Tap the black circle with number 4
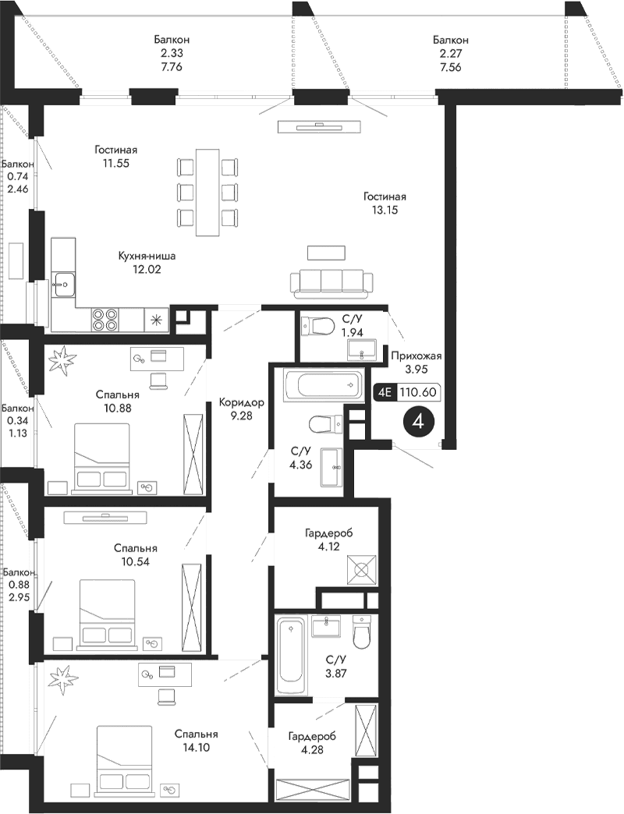click(x=420, y=423)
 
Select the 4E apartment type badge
click(x=385, y=392)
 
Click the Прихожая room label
click(x=417, y=355)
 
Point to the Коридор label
click(x=241, y=402)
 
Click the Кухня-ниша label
click(x=147, y=255)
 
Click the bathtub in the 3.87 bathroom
click(x=292, y=654)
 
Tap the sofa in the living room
click(x=329, y=283)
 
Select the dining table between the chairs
click(x=207, y=191)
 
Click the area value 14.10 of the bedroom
click(x=195, y=748)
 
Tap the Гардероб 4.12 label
click(x=328, y=540)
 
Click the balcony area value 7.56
click(x=452, y=67)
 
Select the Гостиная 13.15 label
click(x=385, y=203)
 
